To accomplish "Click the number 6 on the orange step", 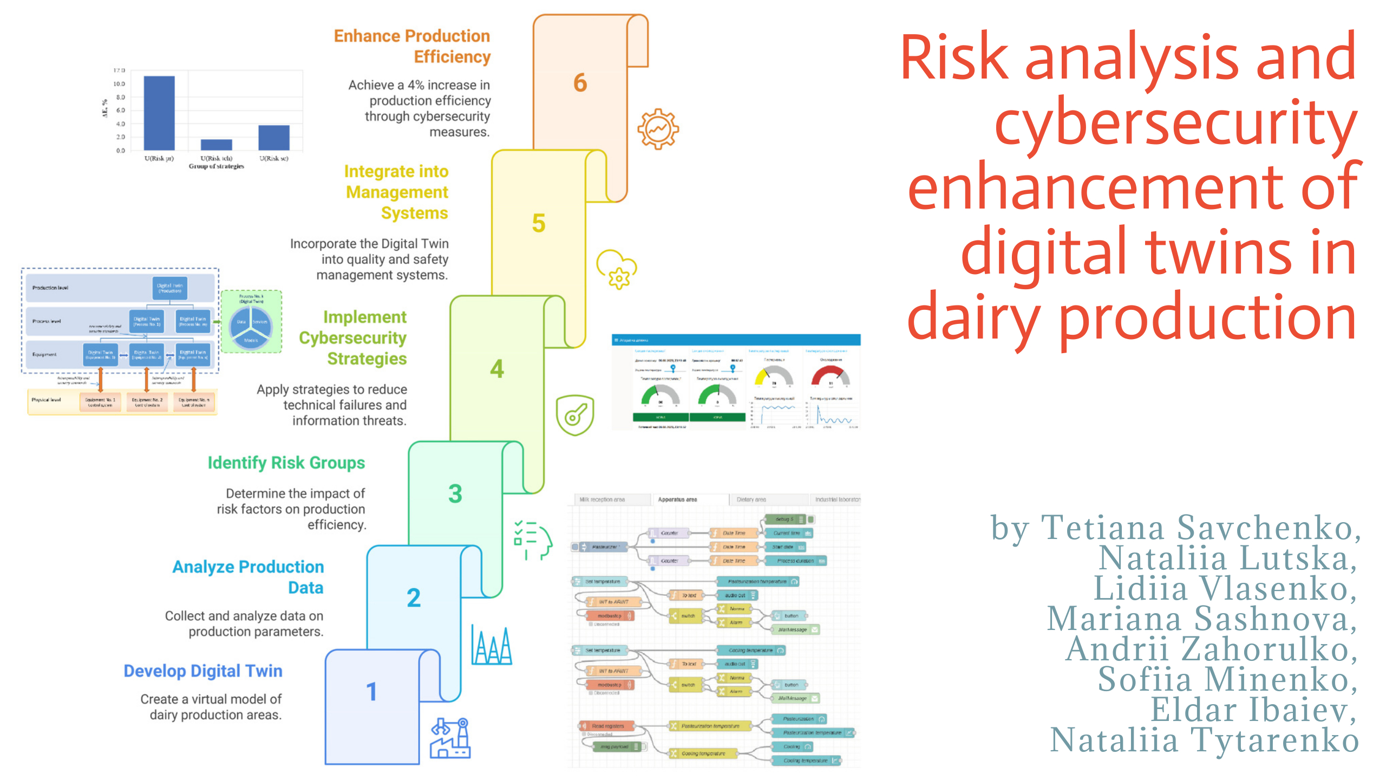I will (x=580, y=83).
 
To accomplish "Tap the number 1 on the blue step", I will (x=371, y=692).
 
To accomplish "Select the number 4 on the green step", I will (x=497, y=369).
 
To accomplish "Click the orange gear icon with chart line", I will (x=658, y=129).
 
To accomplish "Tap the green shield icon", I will (x=575, y=415).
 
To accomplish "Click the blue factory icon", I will (x=450, y=739).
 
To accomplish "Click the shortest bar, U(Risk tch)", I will (x=216, y=145).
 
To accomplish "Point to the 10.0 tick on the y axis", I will (x=119, y=84).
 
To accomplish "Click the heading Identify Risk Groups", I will (x=286, y=463).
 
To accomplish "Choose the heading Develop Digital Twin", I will (x=203, y=671).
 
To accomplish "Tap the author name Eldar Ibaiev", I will (x=1253, y=710).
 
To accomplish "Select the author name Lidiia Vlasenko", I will (x=1225, y=588).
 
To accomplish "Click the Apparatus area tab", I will (x=677, y=499).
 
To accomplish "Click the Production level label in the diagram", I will (x=50, y=288).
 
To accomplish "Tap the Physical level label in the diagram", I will (x=46, y=400).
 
